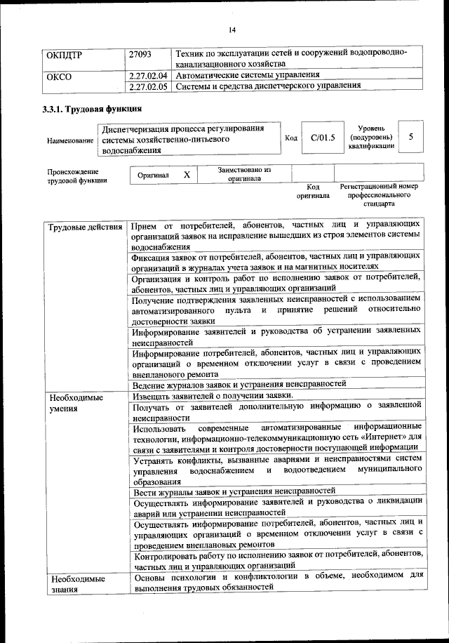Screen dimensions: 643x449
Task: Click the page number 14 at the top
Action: [232, 29]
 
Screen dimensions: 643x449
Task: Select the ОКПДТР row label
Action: [63, 54]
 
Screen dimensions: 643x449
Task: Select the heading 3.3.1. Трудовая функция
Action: [93, 110]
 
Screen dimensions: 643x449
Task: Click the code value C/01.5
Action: [323, 138]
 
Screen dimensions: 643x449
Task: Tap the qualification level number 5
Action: [410, 138]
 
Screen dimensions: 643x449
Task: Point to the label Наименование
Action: [70, 140]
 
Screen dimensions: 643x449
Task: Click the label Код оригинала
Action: [313, 191]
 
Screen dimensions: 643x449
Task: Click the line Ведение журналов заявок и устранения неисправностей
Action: [239, 385]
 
